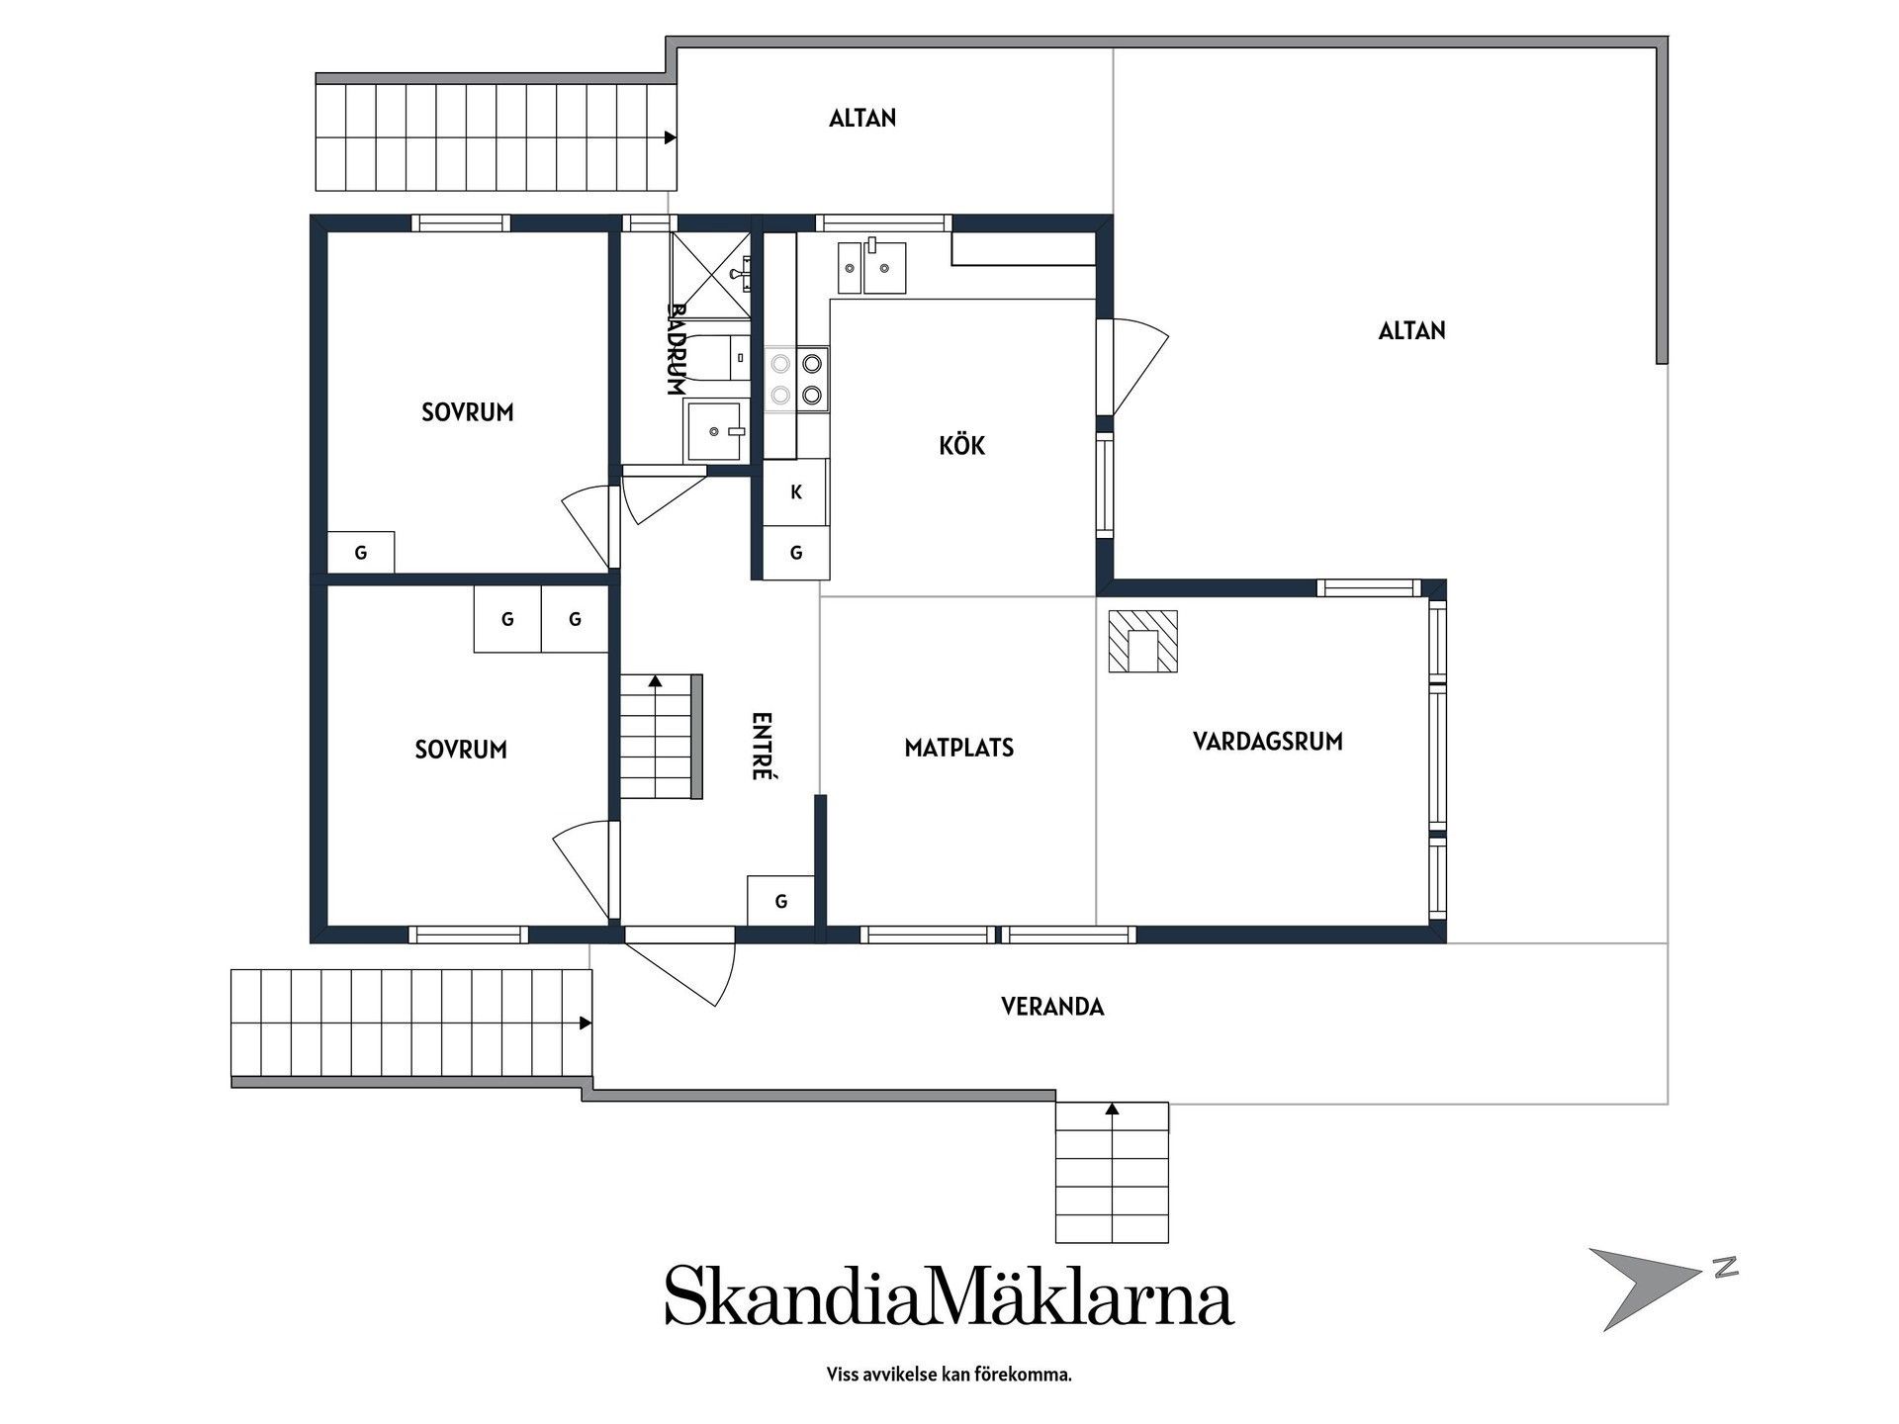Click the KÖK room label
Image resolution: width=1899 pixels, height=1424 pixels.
pyautogui.click(x=961, y=445)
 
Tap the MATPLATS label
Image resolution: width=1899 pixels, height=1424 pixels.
pyautogui.click(x=959, y=748)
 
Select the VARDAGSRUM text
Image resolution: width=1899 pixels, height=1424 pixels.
pyautogui.click(x=1268, y=742)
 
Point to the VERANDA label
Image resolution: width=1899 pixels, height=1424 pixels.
pyautogui.click(x=1052, y=1007)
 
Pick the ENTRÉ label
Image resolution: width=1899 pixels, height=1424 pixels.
pyautogui.click(x=761, y=747)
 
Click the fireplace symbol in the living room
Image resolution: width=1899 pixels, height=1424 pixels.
pyautogui.click(x=1142, y=642)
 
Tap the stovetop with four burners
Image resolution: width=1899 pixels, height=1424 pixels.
pyautogui.click(x=797, y=379)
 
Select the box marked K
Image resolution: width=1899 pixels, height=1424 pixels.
pyautogui.click(x=796, y=491)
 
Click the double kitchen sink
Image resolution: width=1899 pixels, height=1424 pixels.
pyautogui.click(x=872, y=267)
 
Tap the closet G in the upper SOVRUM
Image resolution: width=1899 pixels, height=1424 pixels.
pyautogui.click(x=361, y=553)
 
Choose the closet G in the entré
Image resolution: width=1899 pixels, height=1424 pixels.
pyautogui.click(x=781, y=901)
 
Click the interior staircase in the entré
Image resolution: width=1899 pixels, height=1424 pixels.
pyautogui.click(x=661, y=737)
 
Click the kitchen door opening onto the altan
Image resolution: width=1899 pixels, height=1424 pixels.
pyautogui.click(x=1132, y=367)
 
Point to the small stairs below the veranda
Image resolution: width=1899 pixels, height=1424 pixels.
pyautogui.click(x=1112, y=1172)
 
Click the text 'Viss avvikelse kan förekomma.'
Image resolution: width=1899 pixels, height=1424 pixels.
pyautogui.click(x=949, y=1375)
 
